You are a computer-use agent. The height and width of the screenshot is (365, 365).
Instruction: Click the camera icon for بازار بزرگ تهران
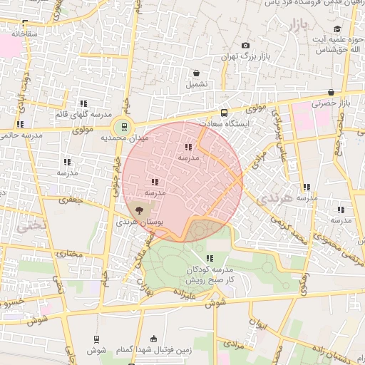tap(246, 46)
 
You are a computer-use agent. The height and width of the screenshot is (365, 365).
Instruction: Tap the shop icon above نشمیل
tap(196, 73)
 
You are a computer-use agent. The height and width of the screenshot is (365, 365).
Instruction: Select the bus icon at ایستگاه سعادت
tap(225, 113)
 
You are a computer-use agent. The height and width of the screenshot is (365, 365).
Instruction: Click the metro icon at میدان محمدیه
tap(125, 127)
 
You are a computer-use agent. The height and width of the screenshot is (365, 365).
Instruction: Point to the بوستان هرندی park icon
tap(139, 210)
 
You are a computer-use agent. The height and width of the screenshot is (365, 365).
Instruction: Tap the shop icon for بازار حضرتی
tap(331, 93)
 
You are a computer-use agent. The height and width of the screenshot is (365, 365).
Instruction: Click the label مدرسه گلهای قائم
tap(83, 114)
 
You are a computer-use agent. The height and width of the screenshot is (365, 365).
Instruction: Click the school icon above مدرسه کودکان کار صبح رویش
tap(210, 258)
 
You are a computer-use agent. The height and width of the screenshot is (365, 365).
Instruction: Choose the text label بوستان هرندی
tap(140, 223)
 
